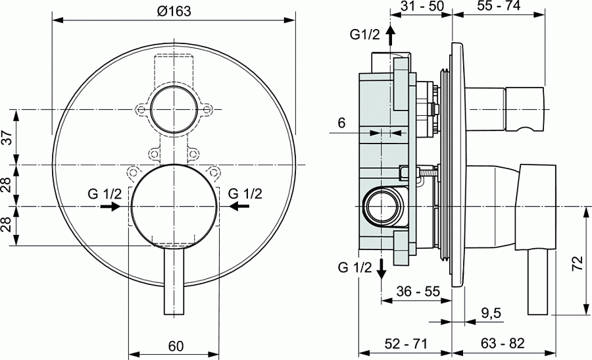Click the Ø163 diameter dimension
tap(172, 9)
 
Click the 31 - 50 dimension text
tap(423, 7)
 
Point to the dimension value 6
tap(341, 122)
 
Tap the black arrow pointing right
tap(110, 207)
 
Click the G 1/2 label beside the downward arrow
tap(355, 267)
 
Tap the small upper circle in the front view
tap(173, 109)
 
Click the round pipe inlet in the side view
tap(382, 205)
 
